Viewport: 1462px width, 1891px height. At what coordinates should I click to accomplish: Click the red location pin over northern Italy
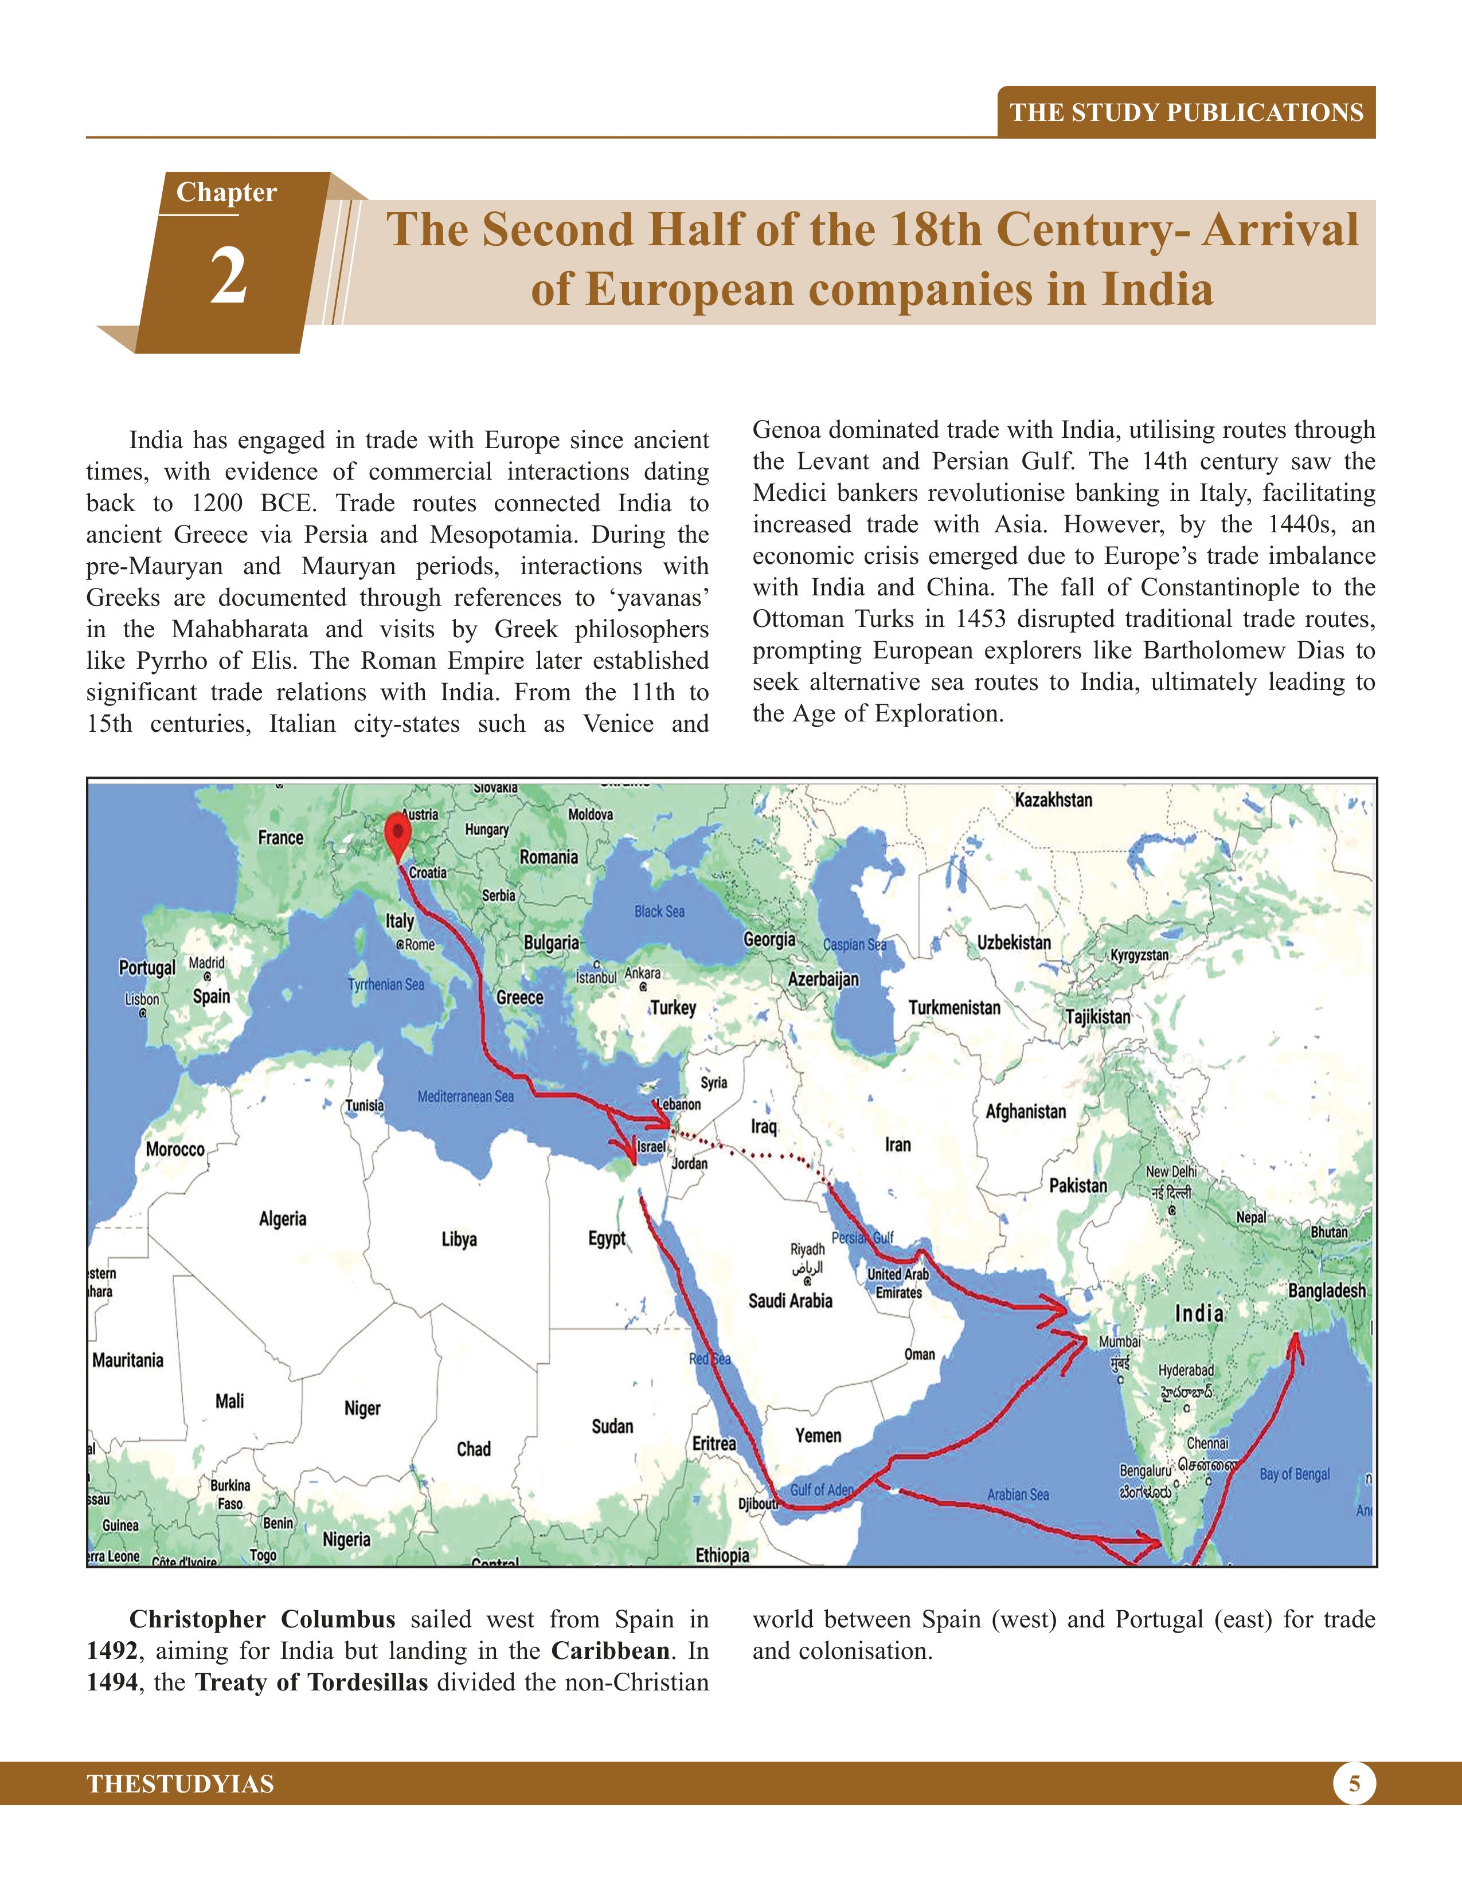tap(397, 831)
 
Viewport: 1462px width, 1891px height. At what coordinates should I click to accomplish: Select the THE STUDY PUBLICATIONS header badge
tap(1187, 112)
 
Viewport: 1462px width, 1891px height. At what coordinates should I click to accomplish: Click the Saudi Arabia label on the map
tap(790, 1301)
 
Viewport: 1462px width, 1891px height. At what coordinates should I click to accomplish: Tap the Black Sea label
tap(659, 911)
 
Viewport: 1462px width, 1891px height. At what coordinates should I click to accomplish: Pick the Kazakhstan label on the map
tap(1053, 800)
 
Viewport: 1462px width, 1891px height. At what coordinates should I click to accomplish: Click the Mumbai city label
tap(1120, 1341)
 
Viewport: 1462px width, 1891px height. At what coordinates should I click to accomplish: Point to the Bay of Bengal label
tap(1295, 1474)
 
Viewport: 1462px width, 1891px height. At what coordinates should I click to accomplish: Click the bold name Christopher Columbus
tap(261, 1619)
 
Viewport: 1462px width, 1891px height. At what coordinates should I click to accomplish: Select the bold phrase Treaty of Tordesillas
tap(311, 1682)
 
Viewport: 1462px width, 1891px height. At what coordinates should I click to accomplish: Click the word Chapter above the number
tap(226, 192)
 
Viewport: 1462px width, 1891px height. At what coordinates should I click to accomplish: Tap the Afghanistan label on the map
tap(1026, 1111)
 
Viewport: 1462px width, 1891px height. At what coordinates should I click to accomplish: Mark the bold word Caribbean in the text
tap(610, 1650)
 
